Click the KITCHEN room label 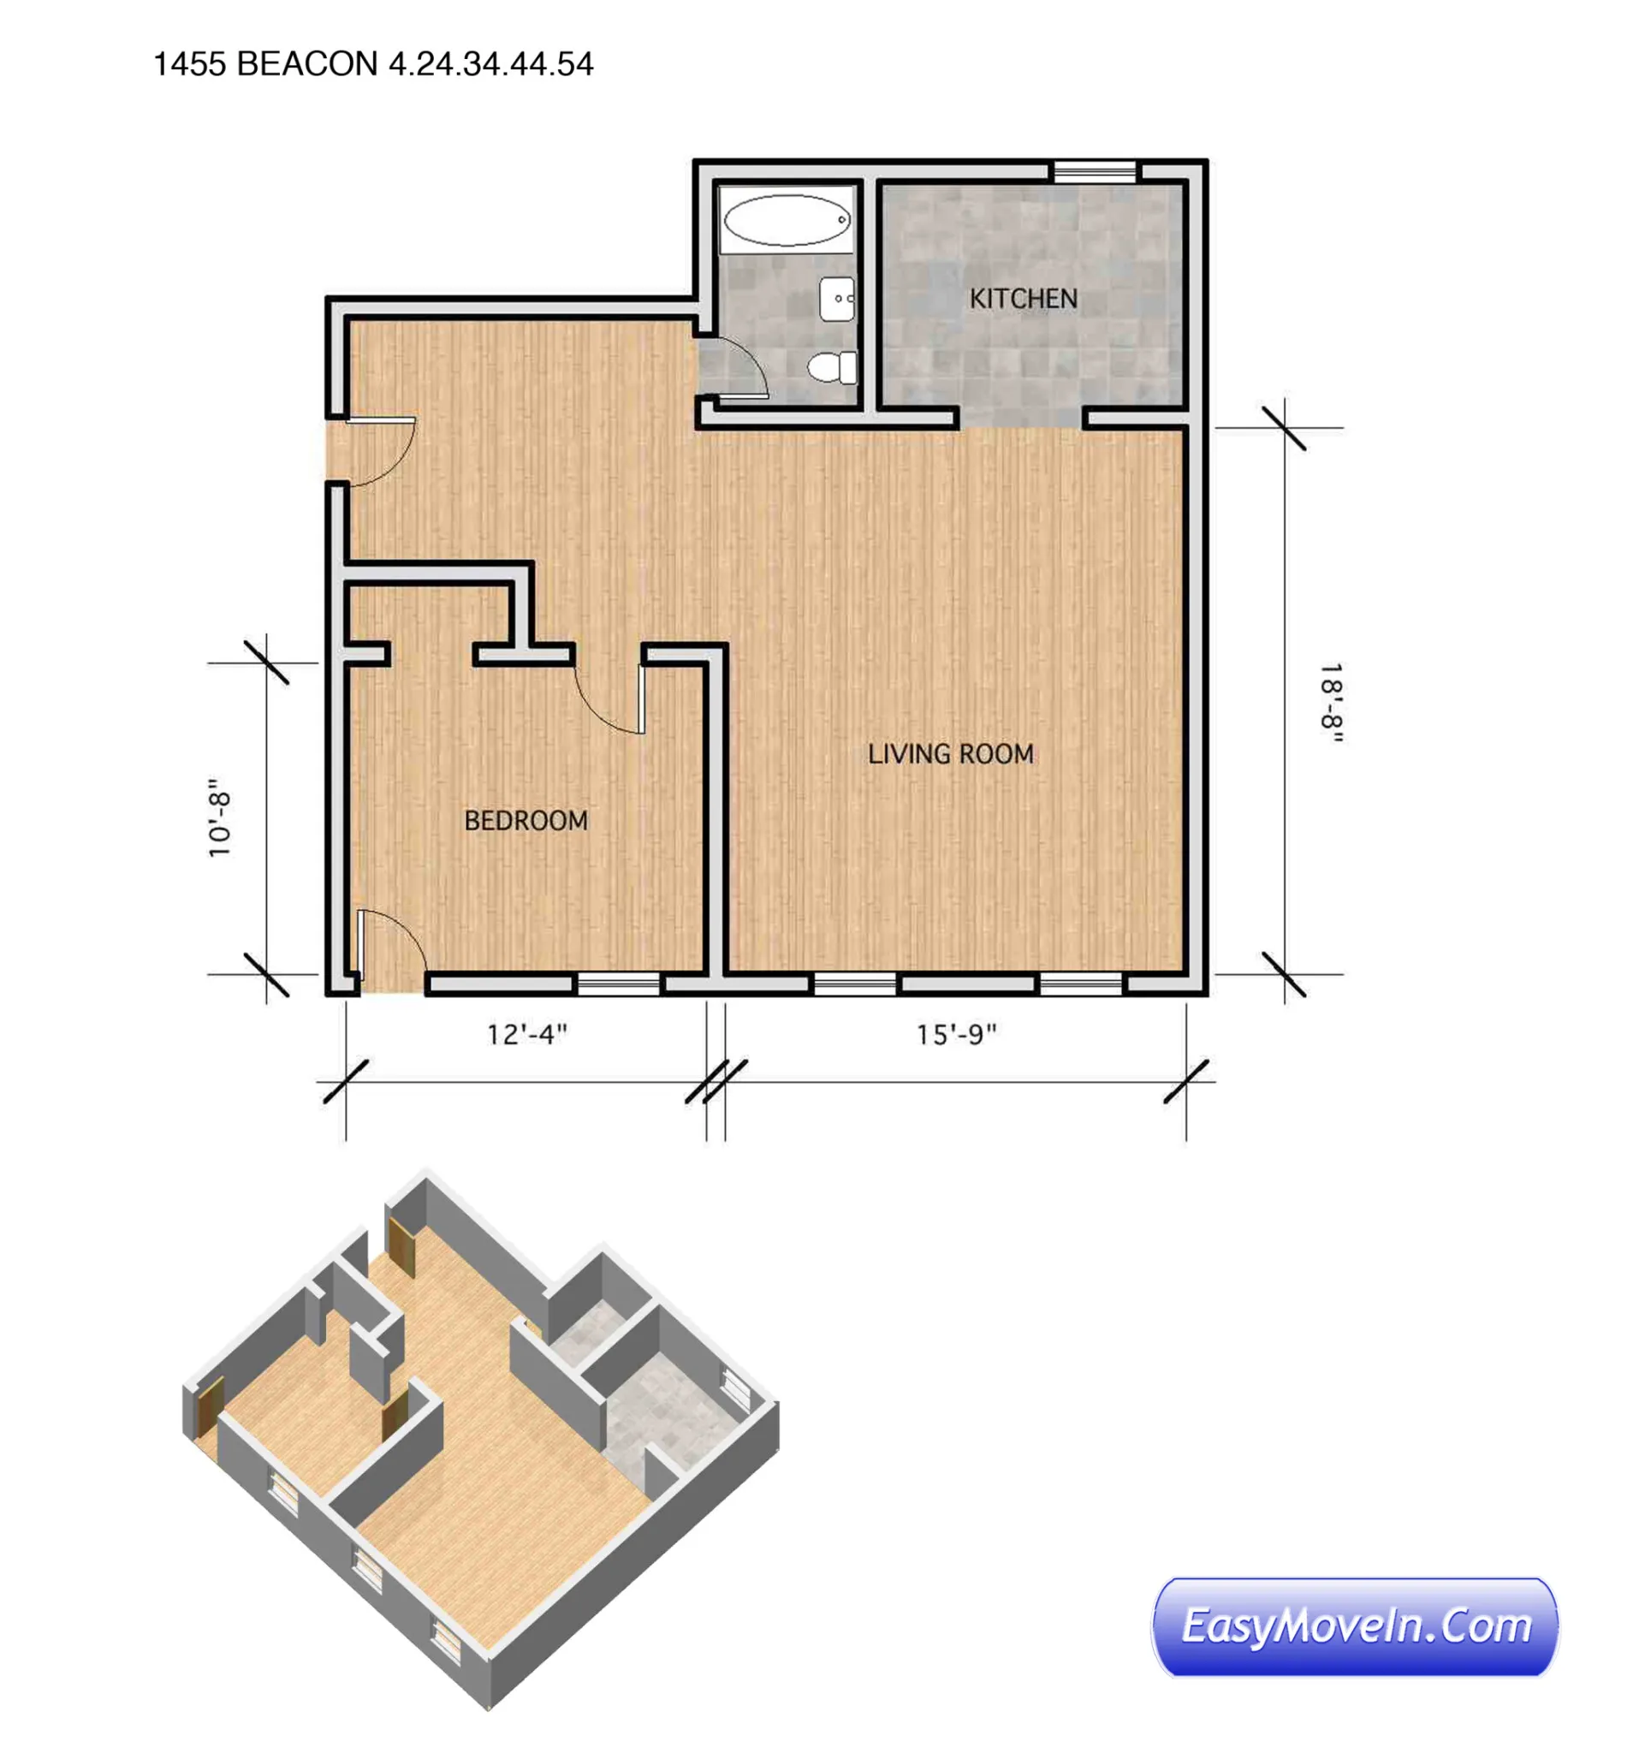[1023, 299]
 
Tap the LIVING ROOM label [950, 754]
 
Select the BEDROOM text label [526, 820]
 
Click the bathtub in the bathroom [786, 220]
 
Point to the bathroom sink [836, 298]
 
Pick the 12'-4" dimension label [526, 1034]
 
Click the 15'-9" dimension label [956, 1034]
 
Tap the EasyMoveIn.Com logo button [1354, 1627]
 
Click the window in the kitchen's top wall [1095, 171]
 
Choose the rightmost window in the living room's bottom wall [1080, 984]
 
